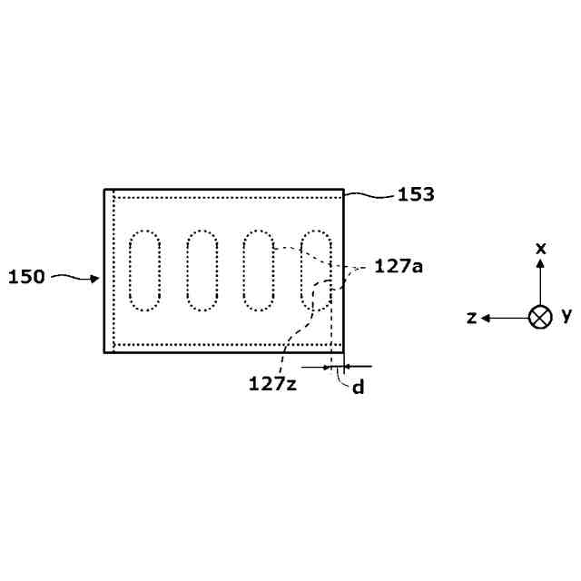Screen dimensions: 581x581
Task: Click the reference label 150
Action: pyautogui.click(x=26, y=277)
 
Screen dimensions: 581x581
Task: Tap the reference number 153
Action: pyautogui.click(x=415, y=193)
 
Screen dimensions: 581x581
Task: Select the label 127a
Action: pyautogui.click(x=399, y=267)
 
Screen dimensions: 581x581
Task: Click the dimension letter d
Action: pyautogui.click(x=359, y=388)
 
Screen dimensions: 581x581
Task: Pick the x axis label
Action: pyautogui.click(x=540, y=248)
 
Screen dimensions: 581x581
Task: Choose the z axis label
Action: pyautogui.click(x=471, y=317)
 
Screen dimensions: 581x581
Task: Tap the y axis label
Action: pyautogui.click(x=566, y=315)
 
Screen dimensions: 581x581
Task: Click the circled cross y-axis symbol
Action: pyautogui.click(x=540, y=317)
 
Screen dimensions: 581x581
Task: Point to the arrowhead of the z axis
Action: pyautogui.click(x=487, y=318)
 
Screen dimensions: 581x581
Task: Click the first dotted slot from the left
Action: pyautogui.click(x=144, y=270)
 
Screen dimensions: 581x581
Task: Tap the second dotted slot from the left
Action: pyautogui.click(x=202, y=270)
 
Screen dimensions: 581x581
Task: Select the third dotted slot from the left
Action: pyautogui.click(x=259, y=270)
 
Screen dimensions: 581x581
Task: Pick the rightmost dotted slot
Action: pyautogui.click(x=316, y=270)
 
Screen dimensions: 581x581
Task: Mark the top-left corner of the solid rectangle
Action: pyautogui.click(x=105, y=190)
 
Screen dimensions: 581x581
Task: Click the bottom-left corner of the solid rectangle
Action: pyautogui.click(x=105, y=351)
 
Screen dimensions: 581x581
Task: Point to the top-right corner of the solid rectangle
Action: pyautogui.click(x=344, y=190)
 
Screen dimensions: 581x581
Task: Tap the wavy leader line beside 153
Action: pyautogui.click(x=368, y=192)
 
